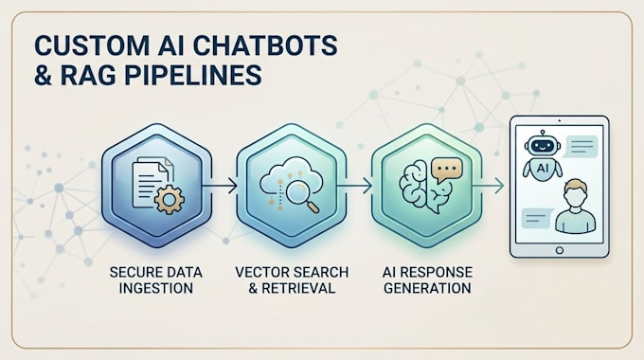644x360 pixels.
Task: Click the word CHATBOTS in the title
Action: (x=265, y=45)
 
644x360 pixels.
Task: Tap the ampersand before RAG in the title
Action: (x=44, y=75)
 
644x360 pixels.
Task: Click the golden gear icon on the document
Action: (x=169, y=200)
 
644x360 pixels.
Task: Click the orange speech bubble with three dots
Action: (x=447, y=170)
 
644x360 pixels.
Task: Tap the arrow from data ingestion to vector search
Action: (x=220, y=186)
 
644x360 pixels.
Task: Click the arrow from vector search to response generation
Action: (x=354, y=186)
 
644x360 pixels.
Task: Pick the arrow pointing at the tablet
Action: (x=488, y=186)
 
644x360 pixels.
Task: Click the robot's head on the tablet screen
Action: (x=543, y=145)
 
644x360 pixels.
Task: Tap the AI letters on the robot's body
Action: (x=543, y=168)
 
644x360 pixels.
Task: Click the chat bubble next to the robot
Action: (x=581, y=147)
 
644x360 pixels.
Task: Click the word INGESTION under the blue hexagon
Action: (x=156, y=288)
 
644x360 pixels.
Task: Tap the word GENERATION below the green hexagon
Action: (x=427, y=288)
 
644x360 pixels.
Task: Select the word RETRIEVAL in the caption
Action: (x=298, y=288)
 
